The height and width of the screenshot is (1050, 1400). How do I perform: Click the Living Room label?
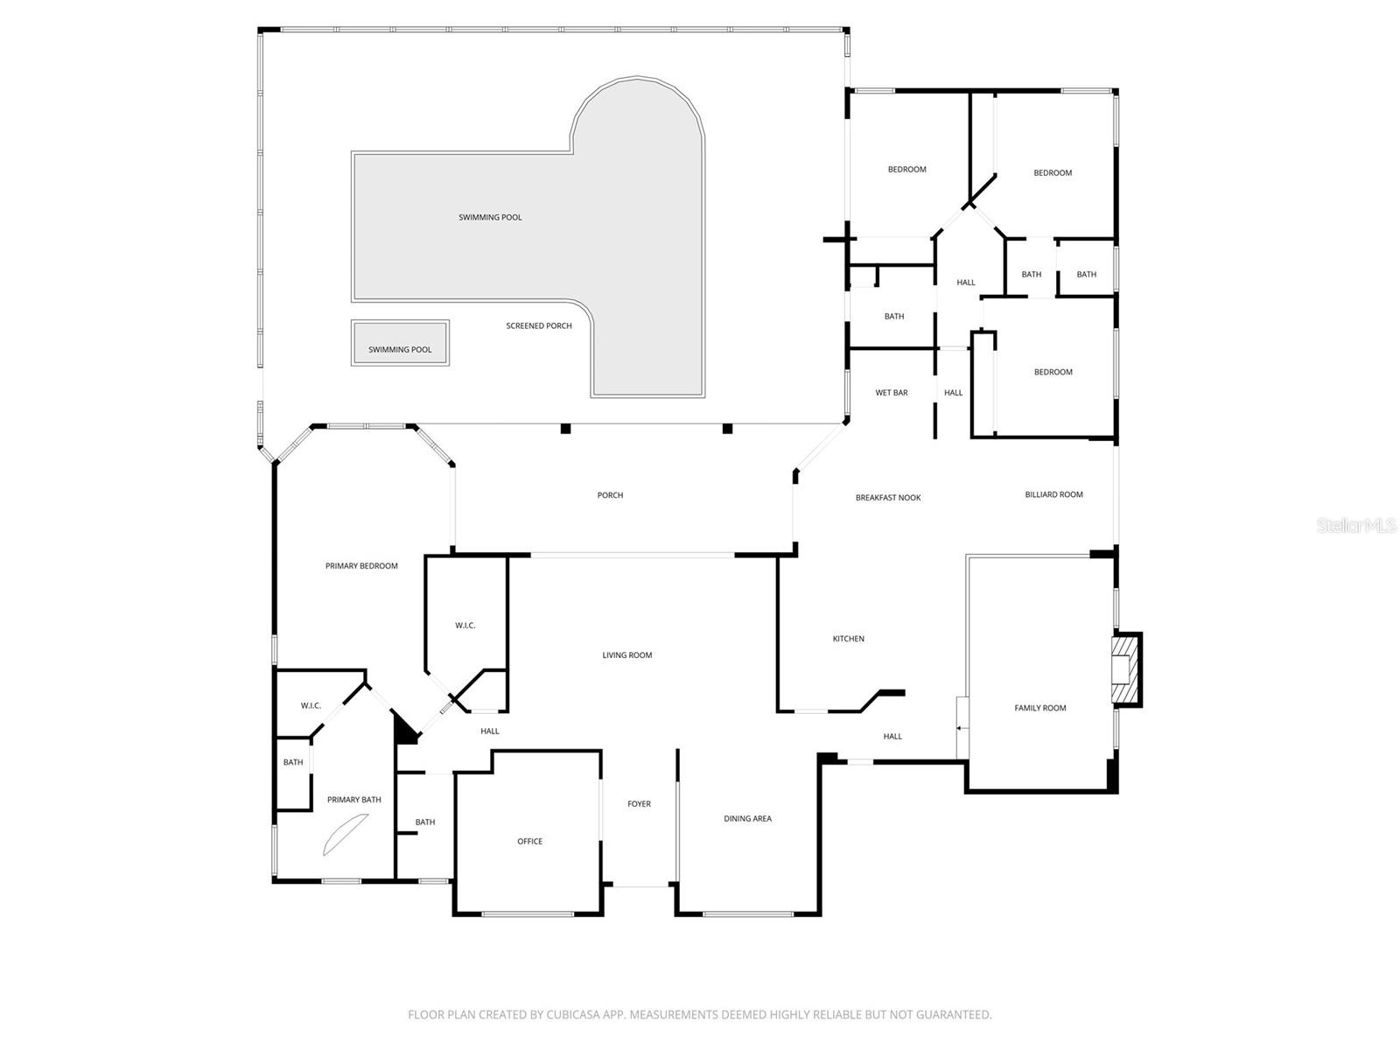pos(626,655)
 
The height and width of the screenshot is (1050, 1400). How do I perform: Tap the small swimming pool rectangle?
pos(400,343)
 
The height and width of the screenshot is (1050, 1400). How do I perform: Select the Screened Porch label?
pos(539,325)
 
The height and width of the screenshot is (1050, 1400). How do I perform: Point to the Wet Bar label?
pos(892,393)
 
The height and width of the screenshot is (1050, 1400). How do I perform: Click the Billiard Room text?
pos(1053,494)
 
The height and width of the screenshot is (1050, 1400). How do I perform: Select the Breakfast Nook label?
pos(888,498)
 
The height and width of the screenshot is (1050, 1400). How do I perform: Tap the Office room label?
pos(529,842)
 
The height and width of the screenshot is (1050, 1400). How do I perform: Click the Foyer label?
pos(639,804)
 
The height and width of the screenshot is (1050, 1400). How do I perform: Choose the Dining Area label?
pos(747,819)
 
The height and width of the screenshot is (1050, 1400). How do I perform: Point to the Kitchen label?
pos(848,639)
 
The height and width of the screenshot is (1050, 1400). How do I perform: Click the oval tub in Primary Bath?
pos(346,834)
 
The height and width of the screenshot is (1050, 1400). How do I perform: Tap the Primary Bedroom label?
pos(361,566)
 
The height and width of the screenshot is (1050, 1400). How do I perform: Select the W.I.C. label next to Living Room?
pos(465,626)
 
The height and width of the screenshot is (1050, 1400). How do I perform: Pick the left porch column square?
pos(565,429)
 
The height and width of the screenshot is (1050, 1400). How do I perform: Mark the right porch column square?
pos(726,429)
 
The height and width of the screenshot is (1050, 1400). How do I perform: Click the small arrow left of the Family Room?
pos(959,728)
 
